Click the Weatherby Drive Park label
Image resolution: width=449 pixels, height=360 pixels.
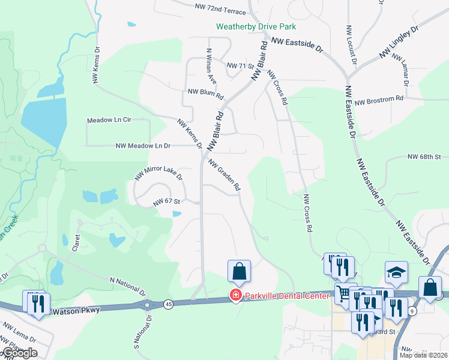point(256,26)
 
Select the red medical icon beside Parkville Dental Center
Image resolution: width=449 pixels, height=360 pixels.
point(236,295)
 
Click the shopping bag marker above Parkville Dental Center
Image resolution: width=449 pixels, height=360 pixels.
point(239,271)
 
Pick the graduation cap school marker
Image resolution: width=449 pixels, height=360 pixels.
point(396,272)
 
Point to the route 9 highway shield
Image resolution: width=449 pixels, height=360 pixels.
point(412,310)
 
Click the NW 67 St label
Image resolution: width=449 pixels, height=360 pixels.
point(167,202)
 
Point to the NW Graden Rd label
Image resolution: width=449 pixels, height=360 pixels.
point(224,175)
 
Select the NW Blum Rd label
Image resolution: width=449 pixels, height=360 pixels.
point(205,94)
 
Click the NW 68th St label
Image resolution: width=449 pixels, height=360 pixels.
point(424,157)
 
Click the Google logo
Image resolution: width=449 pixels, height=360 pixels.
point(19,353)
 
